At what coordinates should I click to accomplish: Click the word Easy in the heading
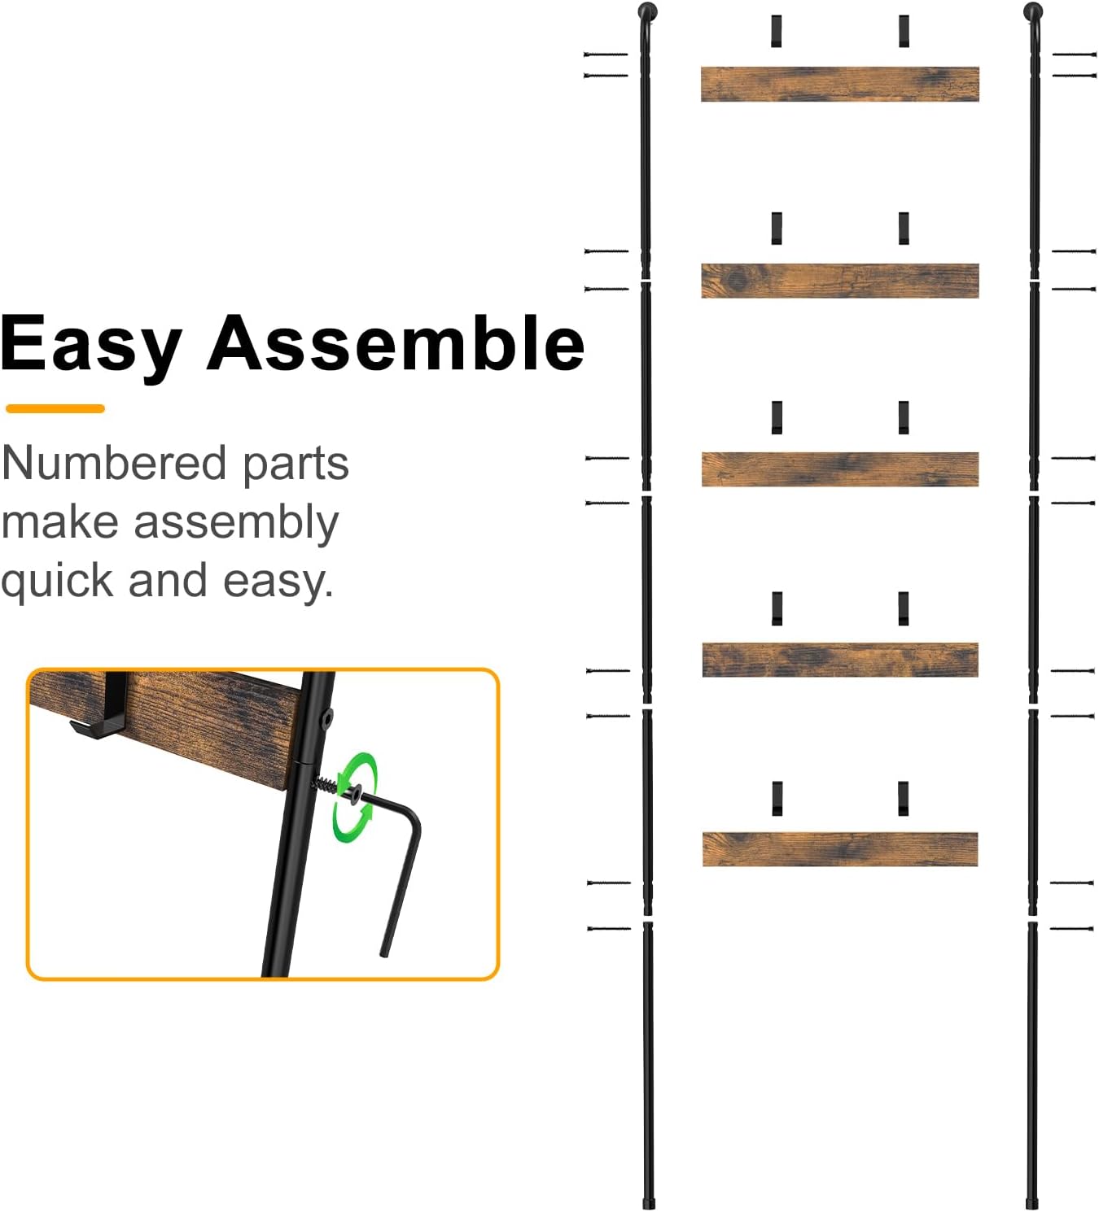tap(91, 345)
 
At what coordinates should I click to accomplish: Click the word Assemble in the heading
tap(396, 343)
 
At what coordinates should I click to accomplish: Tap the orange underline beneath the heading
tap(55, 408)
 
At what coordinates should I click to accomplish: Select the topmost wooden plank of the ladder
tap(839, 85)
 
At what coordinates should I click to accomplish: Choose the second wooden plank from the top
tap(839, 281)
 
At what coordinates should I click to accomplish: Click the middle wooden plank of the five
tap(839, 469)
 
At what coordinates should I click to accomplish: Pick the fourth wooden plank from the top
tap(839, 660)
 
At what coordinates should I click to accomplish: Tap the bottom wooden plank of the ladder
tap(839, 849)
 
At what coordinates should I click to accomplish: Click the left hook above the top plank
tap(777, 31)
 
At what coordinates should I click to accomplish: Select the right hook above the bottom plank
tap(903, 798)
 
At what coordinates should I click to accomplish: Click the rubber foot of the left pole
tap(649, 1201)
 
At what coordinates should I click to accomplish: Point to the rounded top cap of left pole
tap(648, 12)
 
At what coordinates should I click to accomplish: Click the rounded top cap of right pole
tap(1032, 12)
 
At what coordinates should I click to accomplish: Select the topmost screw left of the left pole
tap(606, 54)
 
